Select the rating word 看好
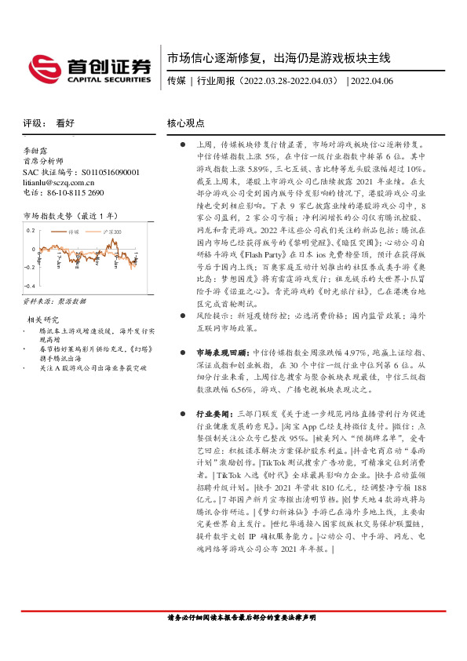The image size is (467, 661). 65,123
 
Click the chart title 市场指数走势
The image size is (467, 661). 49,214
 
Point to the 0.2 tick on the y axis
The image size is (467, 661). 31,230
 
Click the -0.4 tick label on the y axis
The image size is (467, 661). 29,287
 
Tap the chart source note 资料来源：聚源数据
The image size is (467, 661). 53,301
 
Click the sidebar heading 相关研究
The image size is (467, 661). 43,320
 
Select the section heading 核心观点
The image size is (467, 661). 185,123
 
